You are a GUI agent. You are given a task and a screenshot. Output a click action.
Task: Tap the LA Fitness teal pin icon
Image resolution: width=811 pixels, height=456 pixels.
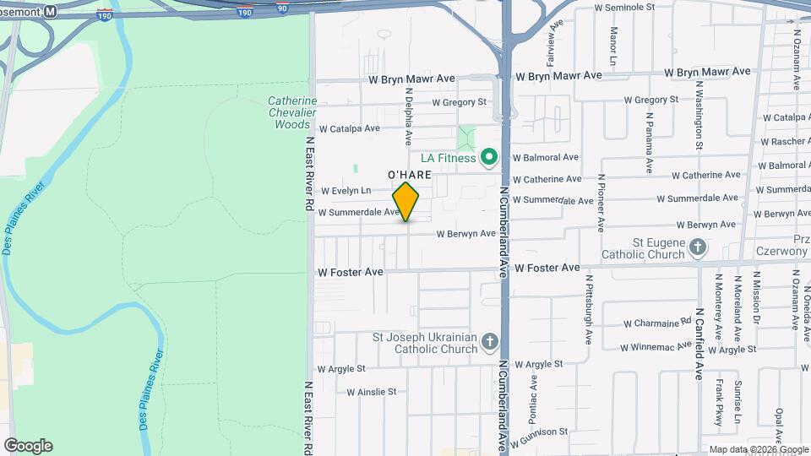point(487,158)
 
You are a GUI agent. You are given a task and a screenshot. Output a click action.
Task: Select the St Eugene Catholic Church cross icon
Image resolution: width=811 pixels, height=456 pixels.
point(697,247)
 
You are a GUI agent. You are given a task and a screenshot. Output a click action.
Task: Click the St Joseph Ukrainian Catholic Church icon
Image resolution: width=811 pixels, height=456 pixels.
point(489,343)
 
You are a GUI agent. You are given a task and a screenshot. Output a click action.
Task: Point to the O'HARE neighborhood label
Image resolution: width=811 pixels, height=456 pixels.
point(410,175)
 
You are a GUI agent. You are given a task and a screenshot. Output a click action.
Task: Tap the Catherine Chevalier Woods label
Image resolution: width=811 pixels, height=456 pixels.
point(292,112)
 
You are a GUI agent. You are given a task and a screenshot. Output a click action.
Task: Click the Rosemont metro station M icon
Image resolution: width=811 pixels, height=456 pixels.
point(51,12)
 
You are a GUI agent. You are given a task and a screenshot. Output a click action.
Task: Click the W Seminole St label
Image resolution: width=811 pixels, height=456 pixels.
point(624,7)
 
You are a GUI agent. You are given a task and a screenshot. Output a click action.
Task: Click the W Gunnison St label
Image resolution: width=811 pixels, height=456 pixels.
point(539,433)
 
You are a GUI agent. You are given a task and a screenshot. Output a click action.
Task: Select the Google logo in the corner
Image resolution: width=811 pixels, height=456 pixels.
point(28,446)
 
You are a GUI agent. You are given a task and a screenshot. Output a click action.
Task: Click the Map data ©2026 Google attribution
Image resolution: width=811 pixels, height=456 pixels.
point(759,449)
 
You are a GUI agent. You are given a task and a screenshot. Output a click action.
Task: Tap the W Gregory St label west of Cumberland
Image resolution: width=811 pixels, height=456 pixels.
point(460,102)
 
